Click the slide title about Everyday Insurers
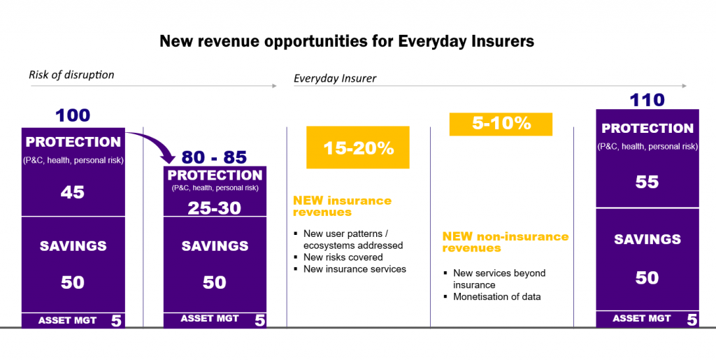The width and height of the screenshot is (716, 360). [x=347, y=41]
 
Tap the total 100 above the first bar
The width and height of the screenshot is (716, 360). [x=73, y=115]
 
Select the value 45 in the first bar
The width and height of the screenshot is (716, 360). [x=73, y=192]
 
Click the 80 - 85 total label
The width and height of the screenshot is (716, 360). [x=214, y=157]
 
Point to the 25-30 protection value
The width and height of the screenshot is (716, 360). [x=214, y=208]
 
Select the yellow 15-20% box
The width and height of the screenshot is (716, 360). [x=358, y=148]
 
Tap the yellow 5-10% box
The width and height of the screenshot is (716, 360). [x=501, y=124]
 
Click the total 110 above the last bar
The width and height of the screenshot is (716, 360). [x=647, y=100]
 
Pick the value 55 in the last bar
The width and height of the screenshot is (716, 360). [x=647, y=182]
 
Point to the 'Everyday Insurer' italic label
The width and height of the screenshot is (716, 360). [x=335, y=78]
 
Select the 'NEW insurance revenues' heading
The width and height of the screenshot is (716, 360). [x=342, y=206]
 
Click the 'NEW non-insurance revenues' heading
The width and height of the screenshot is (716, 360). [x=505, y=242]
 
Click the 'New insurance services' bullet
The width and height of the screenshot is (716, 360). [x=354, y=269]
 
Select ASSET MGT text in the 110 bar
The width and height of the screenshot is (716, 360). [x=641, y=319]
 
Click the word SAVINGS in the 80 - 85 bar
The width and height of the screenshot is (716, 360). [x=214, y=246]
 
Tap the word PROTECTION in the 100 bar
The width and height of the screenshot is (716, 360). [x=73, y=142]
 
